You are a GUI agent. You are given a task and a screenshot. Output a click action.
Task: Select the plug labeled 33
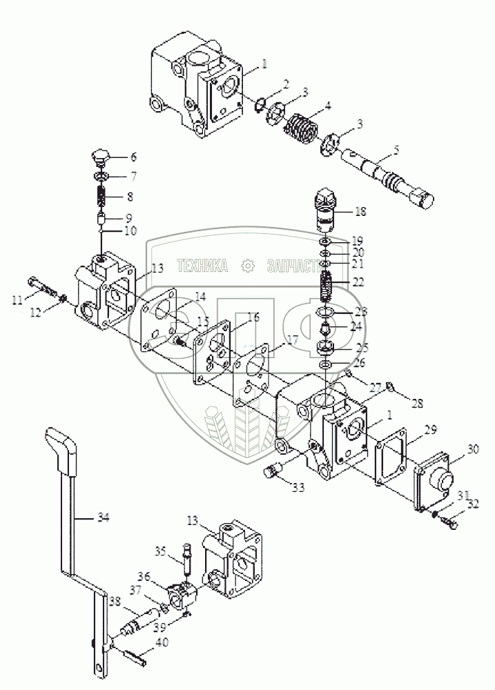tap(273, 474)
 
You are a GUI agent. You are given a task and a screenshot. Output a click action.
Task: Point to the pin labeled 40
tap(129, 651)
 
